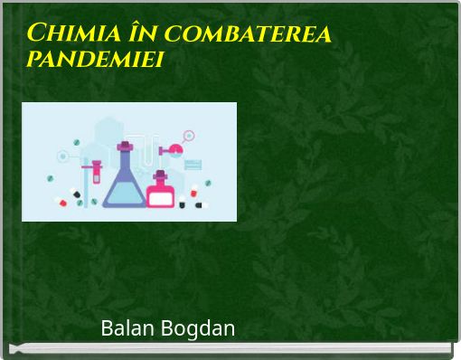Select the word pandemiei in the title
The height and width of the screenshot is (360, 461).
[98, 61]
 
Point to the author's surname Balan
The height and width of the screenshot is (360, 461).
[127, 328]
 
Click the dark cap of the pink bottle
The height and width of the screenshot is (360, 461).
[160, 175]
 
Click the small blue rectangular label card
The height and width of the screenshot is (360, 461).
[193, 164]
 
